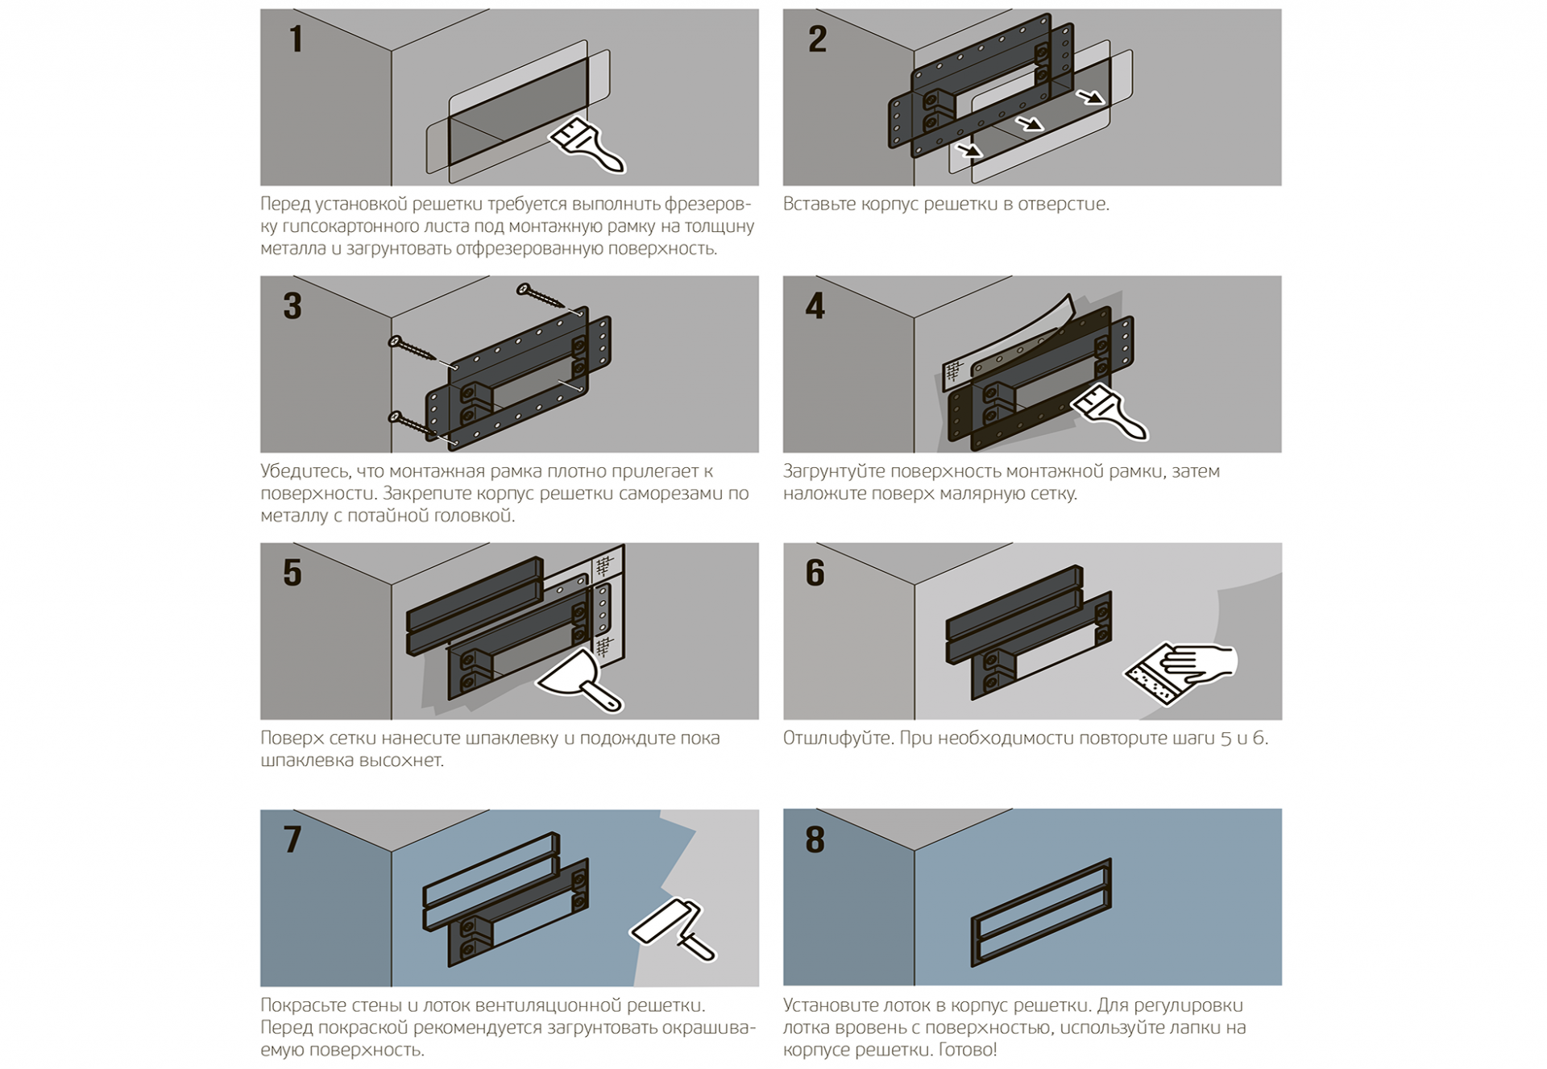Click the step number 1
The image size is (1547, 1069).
(297, 39)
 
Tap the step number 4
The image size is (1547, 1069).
(815, 307)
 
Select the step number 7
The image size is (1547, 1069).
(292, 839)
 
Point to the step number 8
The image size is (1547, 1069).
(815, 839)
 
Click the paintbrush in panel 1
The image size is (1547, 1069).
(588, 146)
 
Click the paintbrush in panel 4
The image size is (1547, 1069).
(1109, 412)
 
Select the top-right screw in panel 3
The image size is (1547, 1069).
(541, 296)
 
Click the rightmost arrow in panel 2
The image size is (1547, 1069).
(1092, 97)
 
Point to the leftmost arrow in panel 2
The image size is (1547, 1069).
(969, 150)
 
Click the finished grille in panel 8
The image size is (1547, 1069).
(1042, 912)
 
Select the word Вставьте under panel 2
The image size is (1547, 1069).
(819, 204)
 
